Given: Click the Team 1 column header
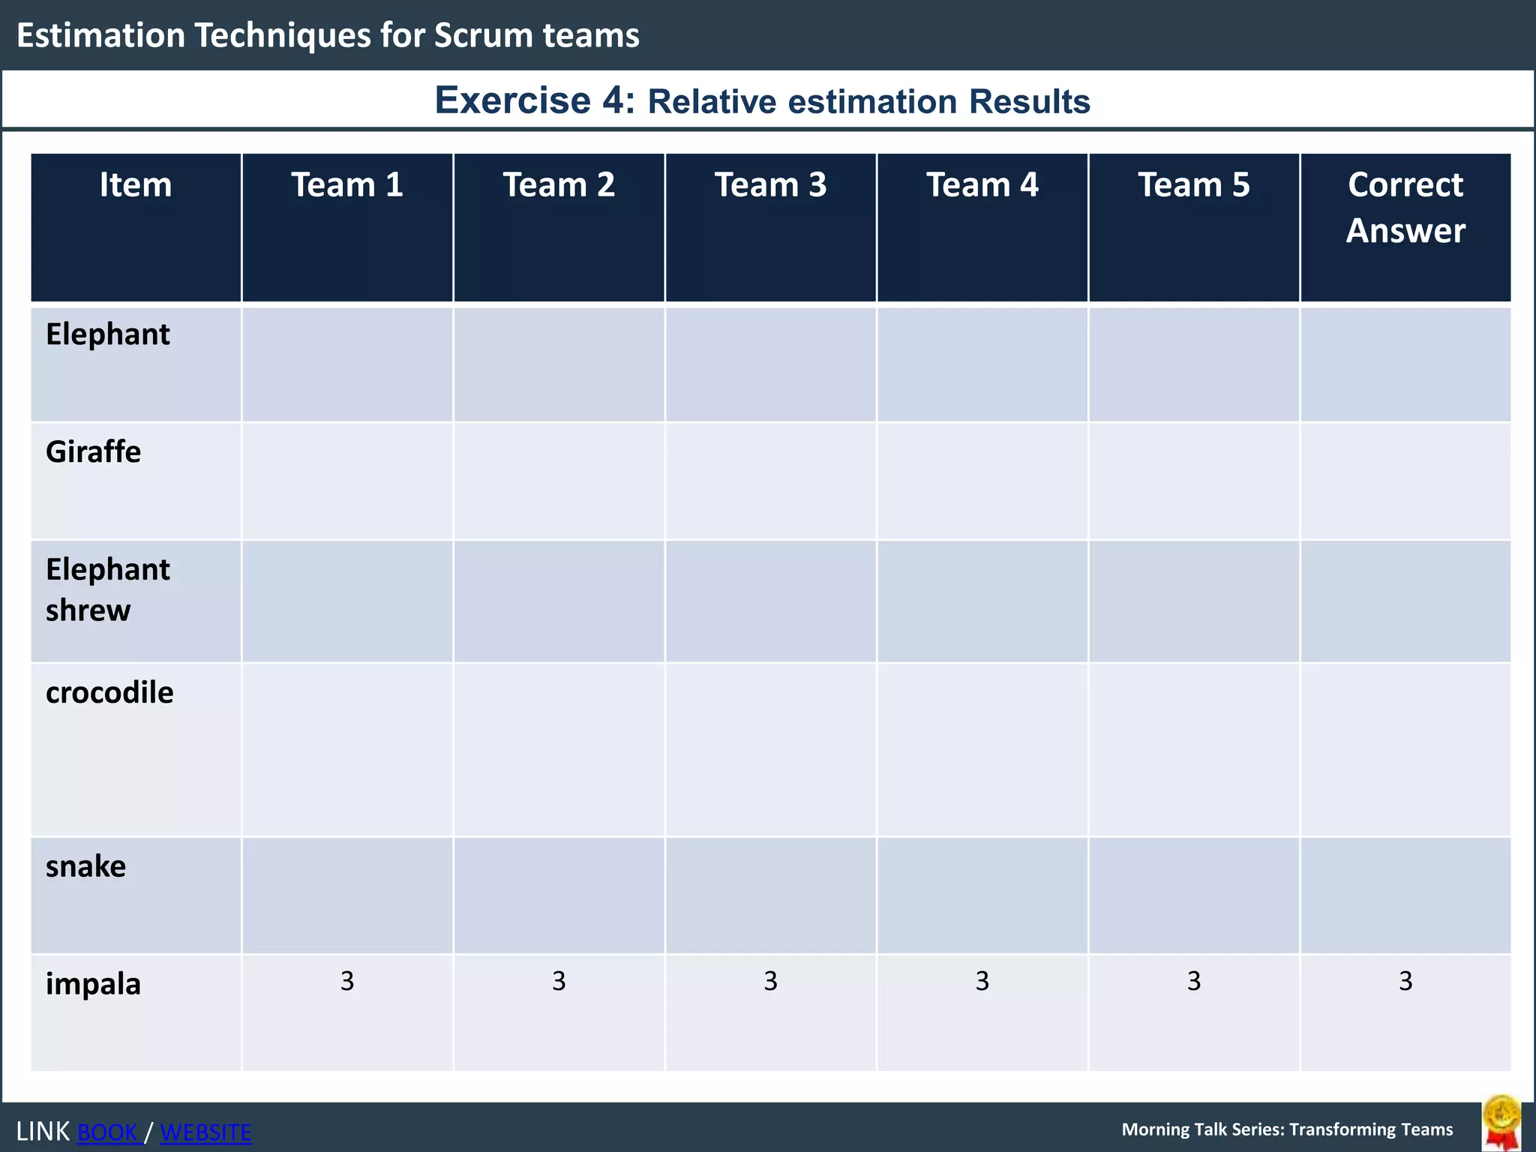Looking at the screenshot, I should (x=346, y=185).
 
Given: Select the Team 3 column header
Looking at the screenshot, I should (x=770, y=185).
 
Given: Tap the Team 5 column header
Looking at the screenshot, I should (x=1194, y=185).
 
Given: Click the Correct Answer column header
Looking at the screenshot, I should (x=1405, y=208).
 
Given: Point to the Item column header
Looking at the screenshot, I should (x=136, y=185).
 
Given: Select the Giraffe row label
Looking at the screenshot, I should (x=93, y=452).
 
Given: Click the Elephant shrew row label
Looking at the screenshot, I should (x=107, y=589).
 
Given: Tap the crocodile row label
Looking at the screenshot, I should (x=109, y=692).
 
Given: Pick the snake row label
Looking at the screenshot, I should (x=85, y=866).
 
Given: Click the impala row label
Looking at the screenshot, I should (x=93, y=983).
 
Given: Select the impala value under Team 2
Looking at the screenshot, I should (x=559, y=981).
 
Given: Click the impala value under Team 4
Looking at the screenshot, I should (x=982, y=981).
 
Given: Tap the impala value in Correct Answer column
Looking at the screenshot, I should (x=1405, y=981).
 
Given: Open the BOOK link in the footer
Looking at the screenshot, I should (x=108, y=1132).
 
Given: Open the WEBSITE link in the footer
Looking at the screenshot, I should (x=205, y=1132).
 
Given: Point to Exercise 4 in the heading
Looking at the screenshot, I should (x=535, y=100).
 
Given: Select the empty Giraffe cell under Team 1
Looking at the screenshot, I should (x=346, y=481).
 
